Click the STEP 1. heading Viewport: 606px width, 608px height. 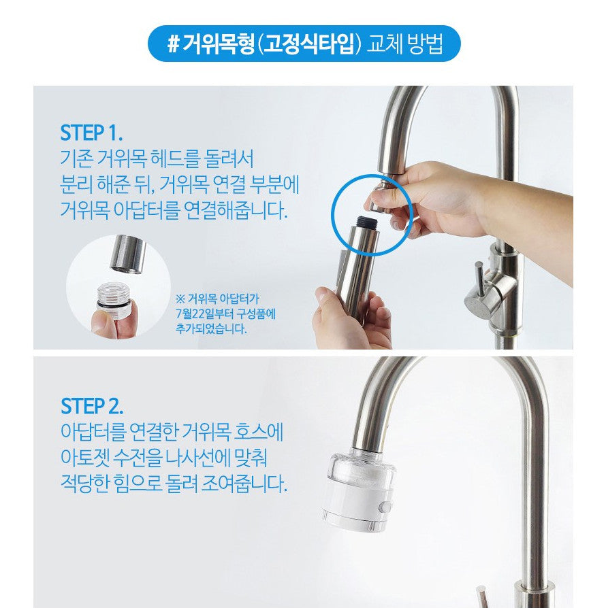(92, 133)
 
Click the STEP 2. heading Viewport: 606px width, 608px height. (92, 406)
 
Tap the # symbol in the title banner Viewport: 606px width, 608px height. (173, 44)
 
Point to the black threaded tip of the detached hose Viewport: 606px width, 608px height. (368, 222)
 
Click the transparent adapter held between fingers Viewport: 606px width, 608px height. (113, 297)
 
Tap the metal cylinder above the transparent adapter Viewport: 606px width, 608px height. (129, 254)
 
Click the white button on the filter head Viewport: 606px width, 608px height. (386, 507)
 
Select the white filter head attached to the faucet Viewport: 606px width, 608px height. (359, 490)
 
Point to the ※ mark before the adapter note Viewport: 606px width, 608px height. (180, 299)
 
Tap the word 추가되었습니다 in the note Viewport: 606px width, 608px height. (211, 329)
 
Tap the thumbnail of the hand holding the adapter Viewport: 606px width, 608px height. (118, 286)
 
